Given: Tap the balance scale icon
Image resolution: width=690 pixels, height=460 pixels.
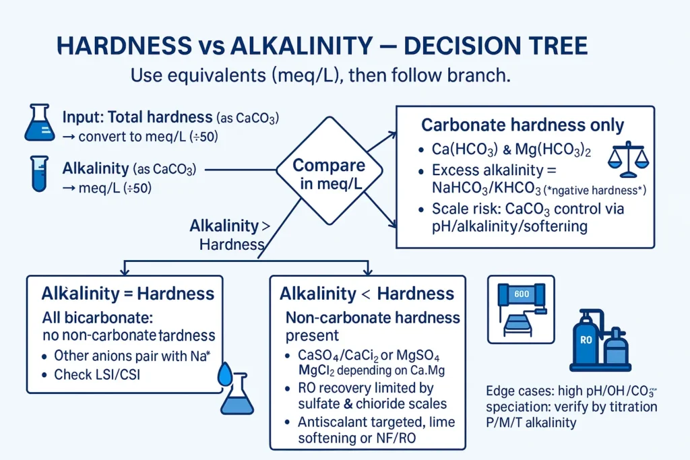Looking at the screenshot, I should [x=627, y=157].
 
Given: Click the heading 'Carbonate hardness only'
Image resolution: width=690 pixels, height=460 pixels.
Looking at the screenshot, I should [x=522, y=125].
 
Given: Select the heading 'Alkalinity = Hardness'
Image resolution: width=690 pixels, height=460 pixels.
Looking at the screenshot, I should [x=127, y=294].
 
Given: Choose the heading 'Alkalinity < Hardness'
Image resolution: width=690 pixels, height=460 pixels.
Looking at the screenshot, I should [x=367, y=294].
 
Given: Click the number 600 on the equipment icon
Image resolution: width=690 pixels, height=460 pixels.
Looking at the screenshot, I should [x=522, y=294].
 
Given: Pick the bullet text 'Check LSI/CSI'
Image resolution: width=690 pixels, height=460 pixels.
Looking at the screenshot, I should [x=96, y=375].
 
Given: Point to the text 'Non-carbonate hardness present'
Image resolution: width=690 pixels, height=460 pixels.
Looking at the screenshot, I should [x=373, y=325].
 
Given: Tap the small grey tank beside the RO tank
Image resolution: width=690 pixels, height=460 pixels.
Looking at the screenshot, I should [x=615, y=349].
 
